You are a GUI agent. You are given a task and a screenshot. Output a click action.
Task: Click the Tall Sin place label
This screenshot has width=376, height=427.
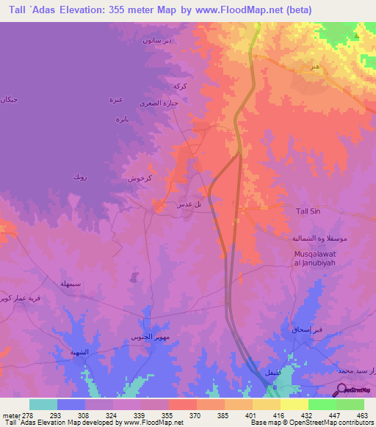click(307, 211)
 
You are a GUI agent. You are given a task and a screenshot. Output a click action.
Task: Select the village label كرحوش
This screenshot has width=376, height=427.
click(140, 178)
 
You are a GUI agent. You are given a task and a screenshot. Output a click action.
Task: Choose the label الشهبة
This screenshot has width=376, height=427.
click(79, 352)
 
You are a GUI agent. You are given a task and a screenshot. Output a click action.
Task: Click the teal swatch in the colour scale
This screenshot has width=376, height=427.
click(43, 404)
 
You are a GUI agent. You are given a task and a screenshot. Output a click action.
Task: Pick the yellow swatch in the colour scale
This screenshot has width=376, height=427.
click(294, 404)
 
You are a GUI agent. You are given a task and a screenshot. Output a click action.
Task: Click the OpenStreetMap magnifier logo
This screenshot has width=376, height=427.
click(342, 390)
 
